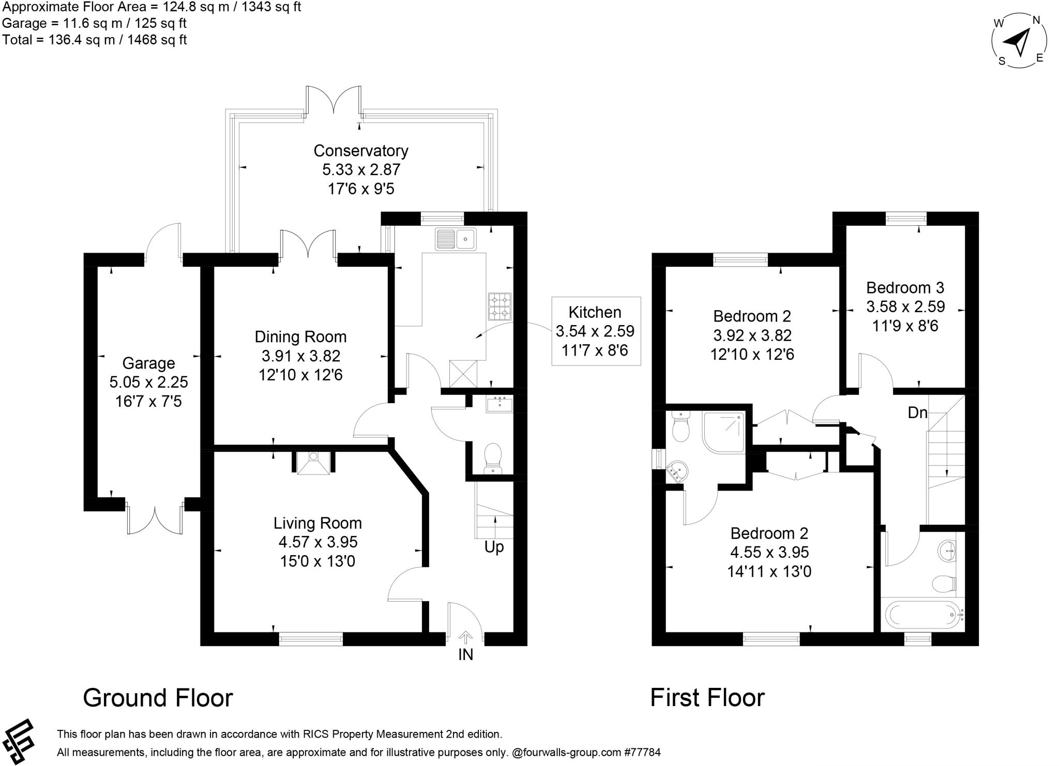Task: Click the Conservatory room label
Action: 360,150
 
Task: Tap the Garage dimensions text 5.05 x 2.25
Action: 148,382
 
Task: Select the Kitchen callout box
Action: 596,331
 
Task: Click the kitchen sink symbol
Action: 457,239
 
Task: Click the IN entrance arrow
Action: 465,637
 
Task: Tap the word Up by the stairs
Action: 494,546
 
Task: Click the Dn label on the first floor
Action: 917,412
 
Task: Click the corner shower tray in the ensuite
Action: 723,432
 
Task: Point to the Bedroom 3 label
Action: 905,287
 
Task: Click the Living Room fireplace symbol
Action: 314,462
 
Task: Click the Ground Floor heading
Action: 158,698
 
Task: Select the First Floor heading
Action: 707,698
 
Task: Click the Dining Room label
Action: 300,337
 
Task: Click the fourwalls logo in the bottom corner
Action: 18,741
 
